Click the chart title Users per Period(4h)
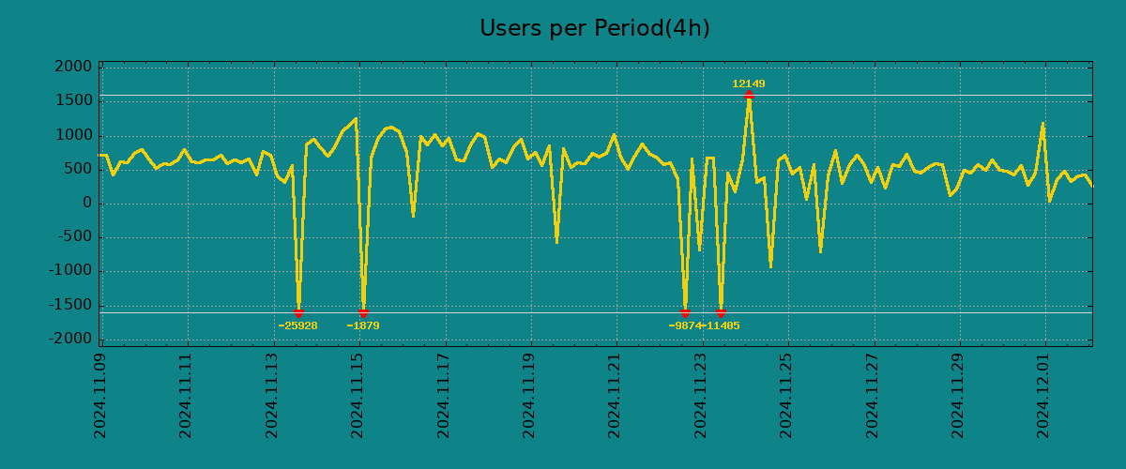594,28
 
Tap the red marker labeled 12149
749,95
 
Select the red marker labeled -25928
298,312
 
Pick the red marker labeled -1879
363,312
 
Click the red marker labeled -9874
685,312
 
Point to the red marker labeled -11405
721,312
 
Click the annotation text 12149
749,83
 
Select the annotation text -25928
297,325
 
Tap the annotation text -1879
363,325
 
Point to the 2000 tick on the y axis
73,67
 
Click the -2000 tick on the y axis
70,339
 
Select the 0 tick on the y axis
87,203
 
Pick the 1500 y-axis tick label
73,100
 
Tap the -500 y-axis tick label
74,236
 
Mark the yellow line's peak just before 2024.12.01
1042,123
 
